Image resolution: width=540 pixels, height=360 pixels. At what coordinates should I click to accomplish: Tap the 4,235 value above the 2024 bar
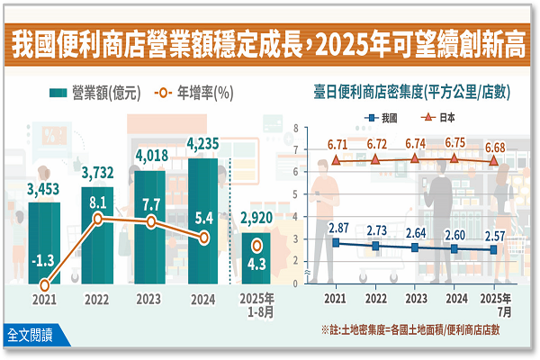pyautogui.click(x=203, y=145)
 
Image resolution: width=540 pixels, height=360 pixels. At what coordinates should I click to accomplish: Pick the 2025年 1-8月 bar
pyautogui.click(x=256, y=257)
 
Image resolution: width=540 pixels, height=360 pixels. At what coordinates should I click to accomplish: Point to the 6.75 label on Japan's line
pyautogui.click(x=455, y=142)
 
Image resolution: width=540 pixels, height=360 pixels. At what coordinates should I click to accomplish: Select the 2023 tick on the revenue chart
pyautogui.click(x=150, y=299)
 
